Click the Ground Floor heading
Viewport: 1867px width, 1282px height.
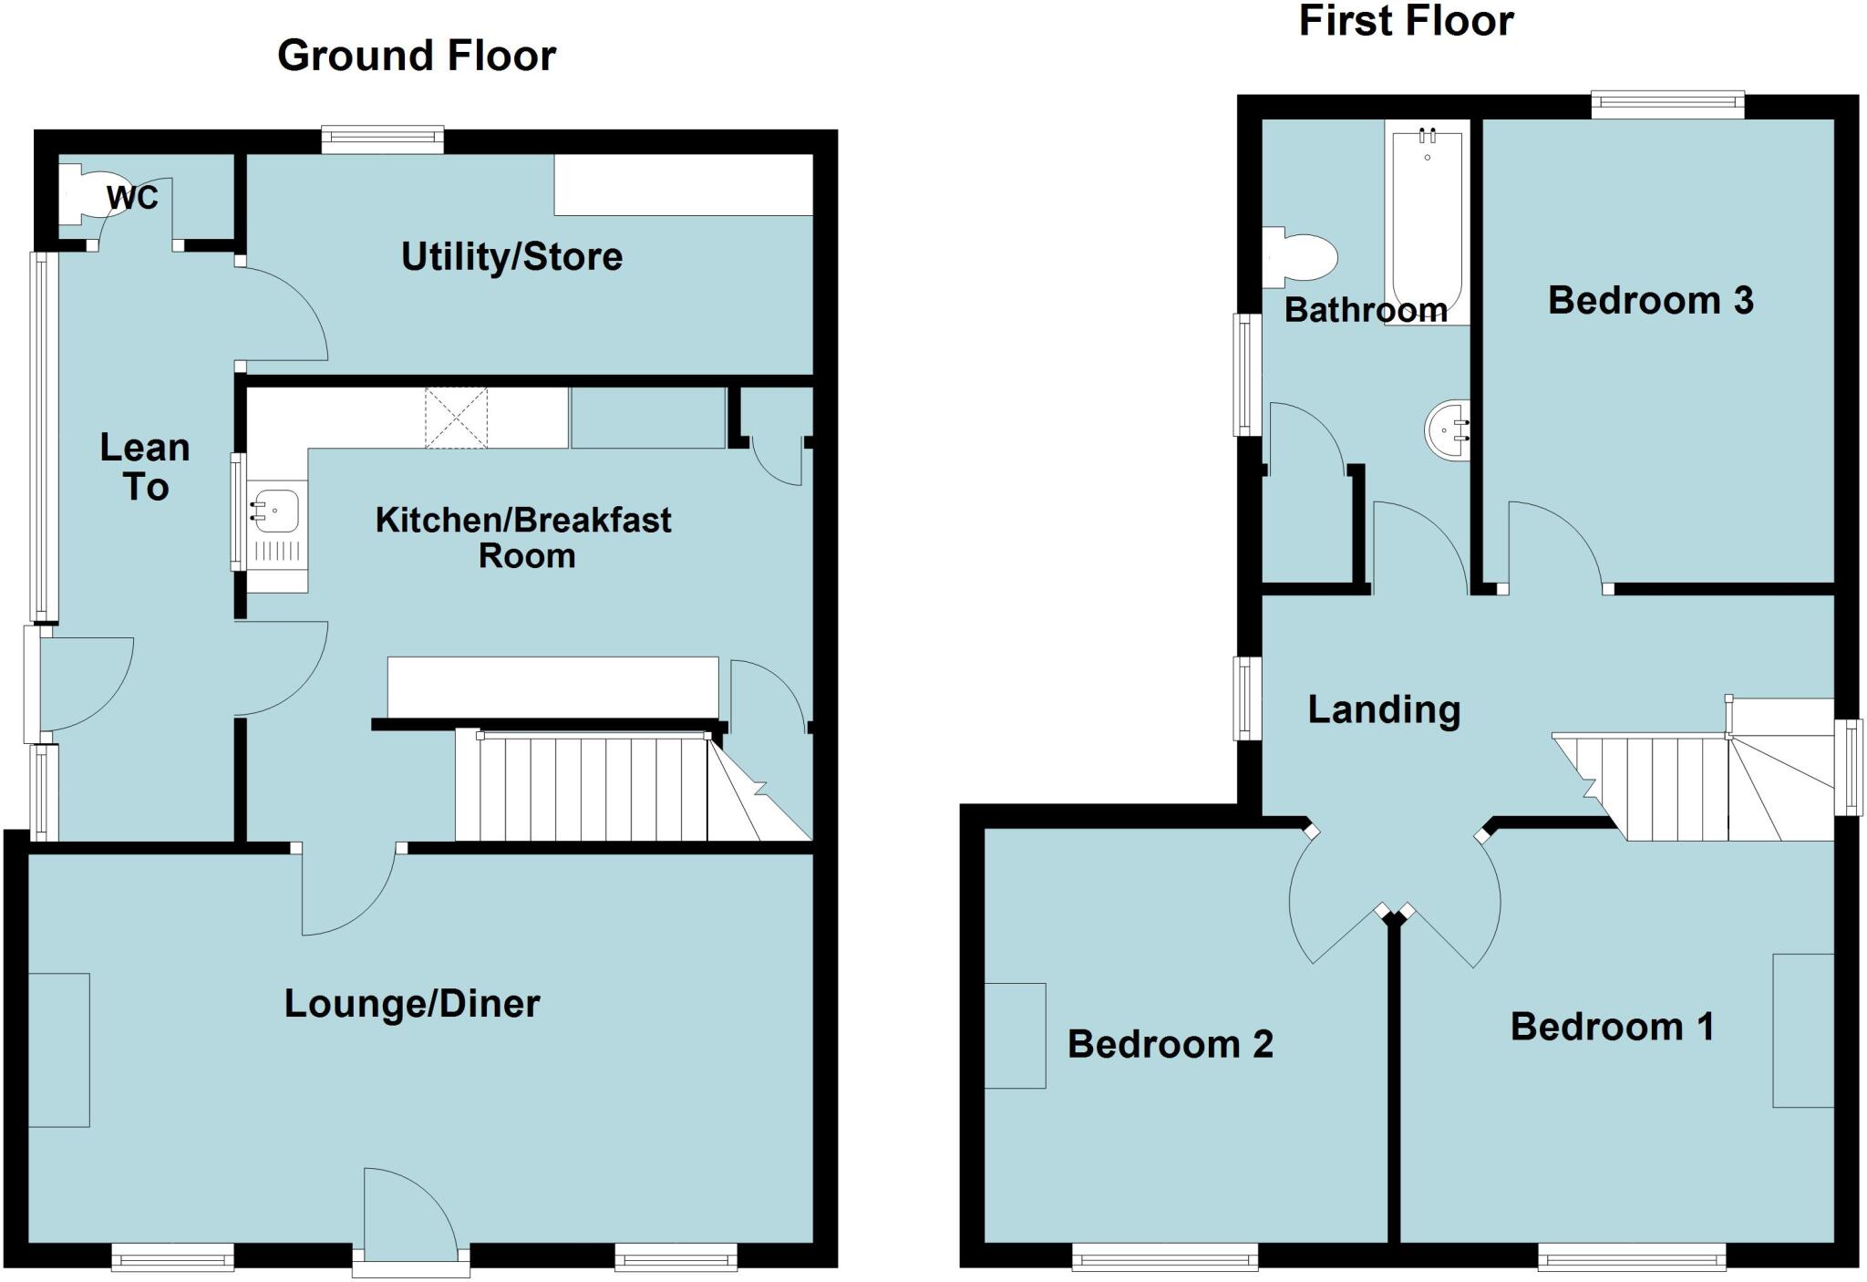point(417,57)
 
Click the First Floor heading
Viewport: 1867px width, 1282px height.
point(1405,22)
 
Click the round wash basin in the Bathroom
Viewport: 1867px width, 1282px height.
point(1449,429)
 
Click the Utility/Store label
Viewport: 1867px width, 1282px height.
point(511,257)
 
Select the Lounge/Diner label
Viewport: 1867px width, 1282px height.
point(412,1004)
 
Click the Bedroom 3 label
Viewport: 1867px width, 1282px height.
point(1650,301)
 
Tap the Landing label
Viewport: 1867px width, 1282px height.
point(1384,709)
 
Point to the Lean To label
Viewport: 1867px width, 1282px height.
point(145,467)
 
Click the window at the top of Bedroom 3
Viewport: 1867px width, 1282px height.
point(1667,104)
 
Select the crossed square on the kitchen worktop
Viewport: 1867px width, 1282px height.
point(456,419)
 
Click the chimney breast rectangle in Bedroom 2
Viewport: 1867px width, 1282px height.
point(1015,1036)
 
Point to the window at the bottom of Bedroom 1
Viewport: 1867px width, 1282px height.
point(1631,1256)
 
